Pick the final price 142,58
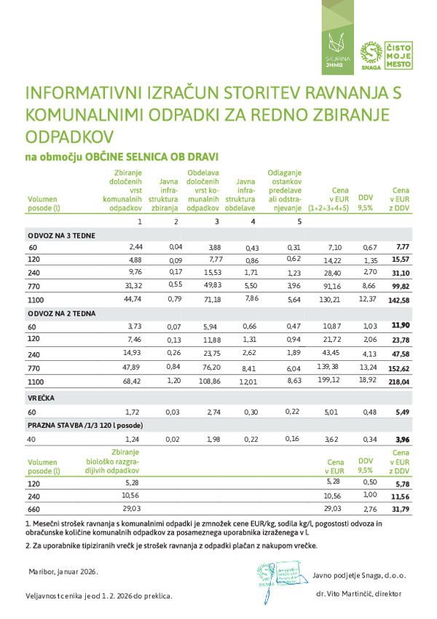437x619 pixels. click(399, 300)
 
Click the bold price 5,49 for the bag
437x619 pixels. click(403, 413)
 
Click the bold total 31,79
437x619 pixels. click(401, 508)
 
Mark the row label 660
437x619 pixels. click(34, 508)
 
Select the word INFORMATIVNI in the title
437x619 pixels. click(81, 94)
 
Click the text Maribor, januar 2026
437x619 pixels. click(64, 572)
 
